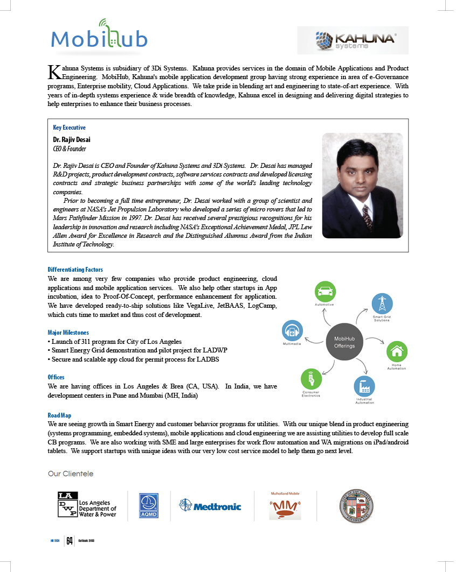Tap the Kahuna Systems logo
pyautogui.click(x=353, y=40)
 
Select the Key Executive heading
pyautogui.click(x=69, y=128)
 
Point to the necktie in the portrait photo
pyautogui.click(x=367, y=215)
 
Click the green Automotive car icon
pyautogui.click(x=325, y=292)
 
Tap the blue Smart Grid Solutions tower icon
pyautogui.click(x=382, y=303)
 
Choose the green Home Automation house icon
pyautogui.click(x=397, y=352)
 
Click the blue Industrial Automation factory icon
pyautogui.click(x=364, y=386)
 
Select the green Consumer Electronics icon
pyautogui.click(x=310, y=379)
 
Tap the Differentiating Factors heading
pyautogui.click(x=75, y=270)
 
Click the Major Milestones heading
pyautogui.click(x=68, y=333)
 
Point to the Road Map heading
pyautogui.click(x=59, y=415)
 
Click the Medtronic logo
pyautogui.click(x=210, y=506)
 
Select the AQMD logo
pyautogui.click(x=148, y=506)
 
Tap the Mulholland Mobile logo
pyautogui.click(x=285, y=506)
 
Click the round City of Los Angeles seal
pyautogui.click(x=354, y=506)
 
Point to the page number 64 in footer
pyautogui.click(x=70, y=541)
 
